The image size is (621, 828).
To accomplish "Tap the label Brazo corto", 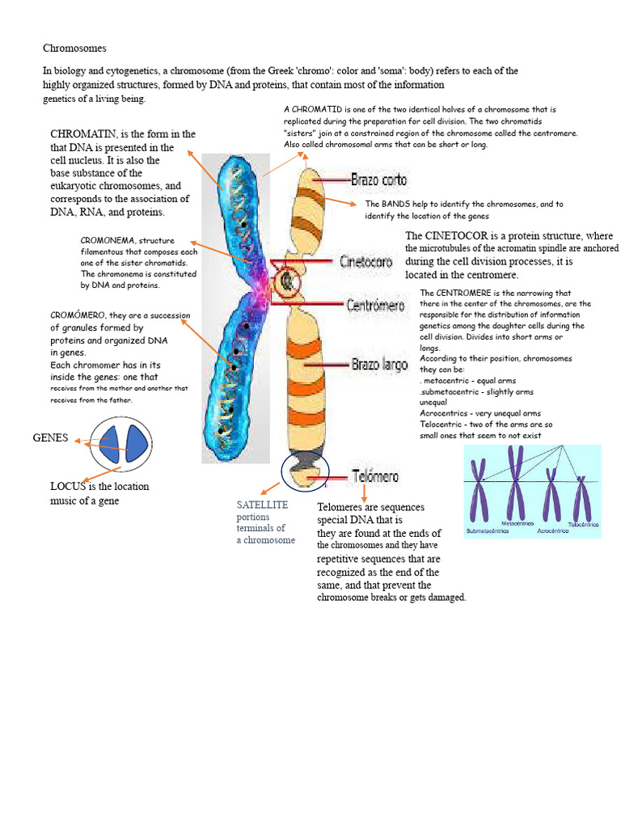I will click(x=378, y=180).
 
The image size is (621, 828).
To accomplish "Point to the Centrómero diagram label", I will click(x=375, y=305).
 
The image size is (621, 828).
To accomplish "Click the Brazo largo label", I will click(x=379, y=365).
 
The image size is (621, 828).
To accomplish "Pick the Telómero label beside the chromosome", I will click(x=375, y=477).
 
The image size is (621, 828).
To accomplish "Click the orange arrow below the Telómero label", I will click(x=365, y=492).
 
